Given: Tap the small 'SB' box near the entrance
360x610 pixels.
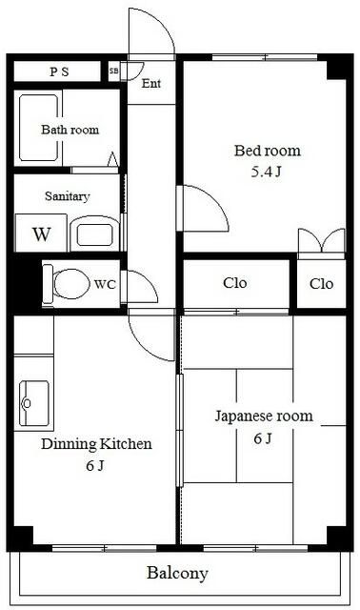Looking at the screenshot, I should (x=114, y=71).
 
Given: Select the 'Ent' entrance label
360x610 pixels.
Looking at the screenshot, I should (x=150, y=83).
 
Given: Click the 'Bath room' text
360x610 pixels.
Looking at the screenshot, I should (x=69, y=130).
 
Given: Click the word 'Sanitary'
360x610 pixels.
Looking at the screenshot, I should (x=67, y=196).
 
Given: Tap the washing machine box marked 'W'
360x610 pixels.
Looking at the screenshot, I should (x=41, y=234).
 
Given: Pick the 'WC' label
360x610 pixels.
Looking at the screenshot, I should (x=106, y=283).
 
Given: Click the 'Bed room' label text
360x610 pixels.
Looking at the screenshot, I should (x=268, y=151).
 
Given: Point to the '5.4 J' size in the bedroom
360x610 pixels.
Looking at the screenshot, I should (x=268, y=173).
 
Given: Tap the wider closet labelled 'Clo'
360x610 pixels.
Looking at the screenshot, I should (x=236, y=283).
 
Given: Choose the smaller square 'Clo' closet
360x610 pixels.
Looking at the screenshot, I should (x=321, y=283).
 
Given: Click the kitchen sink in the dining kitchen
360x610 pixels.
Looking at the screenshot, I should (x=34, y=402).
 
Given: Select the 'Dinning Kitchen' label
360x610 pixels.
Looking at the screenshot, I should (x=95, y=444).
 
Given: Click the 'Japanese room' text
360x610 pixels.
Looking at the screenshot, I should (x=263, y=417).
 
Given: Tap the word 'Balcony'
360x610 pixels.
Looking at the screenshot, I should (x=177, y=574).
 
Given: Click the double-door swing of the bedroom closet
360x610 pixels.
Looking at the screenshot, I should (x=321, y=242).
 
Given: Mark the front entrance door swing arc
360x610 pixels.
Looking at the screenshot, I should (x=152, y=29).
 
